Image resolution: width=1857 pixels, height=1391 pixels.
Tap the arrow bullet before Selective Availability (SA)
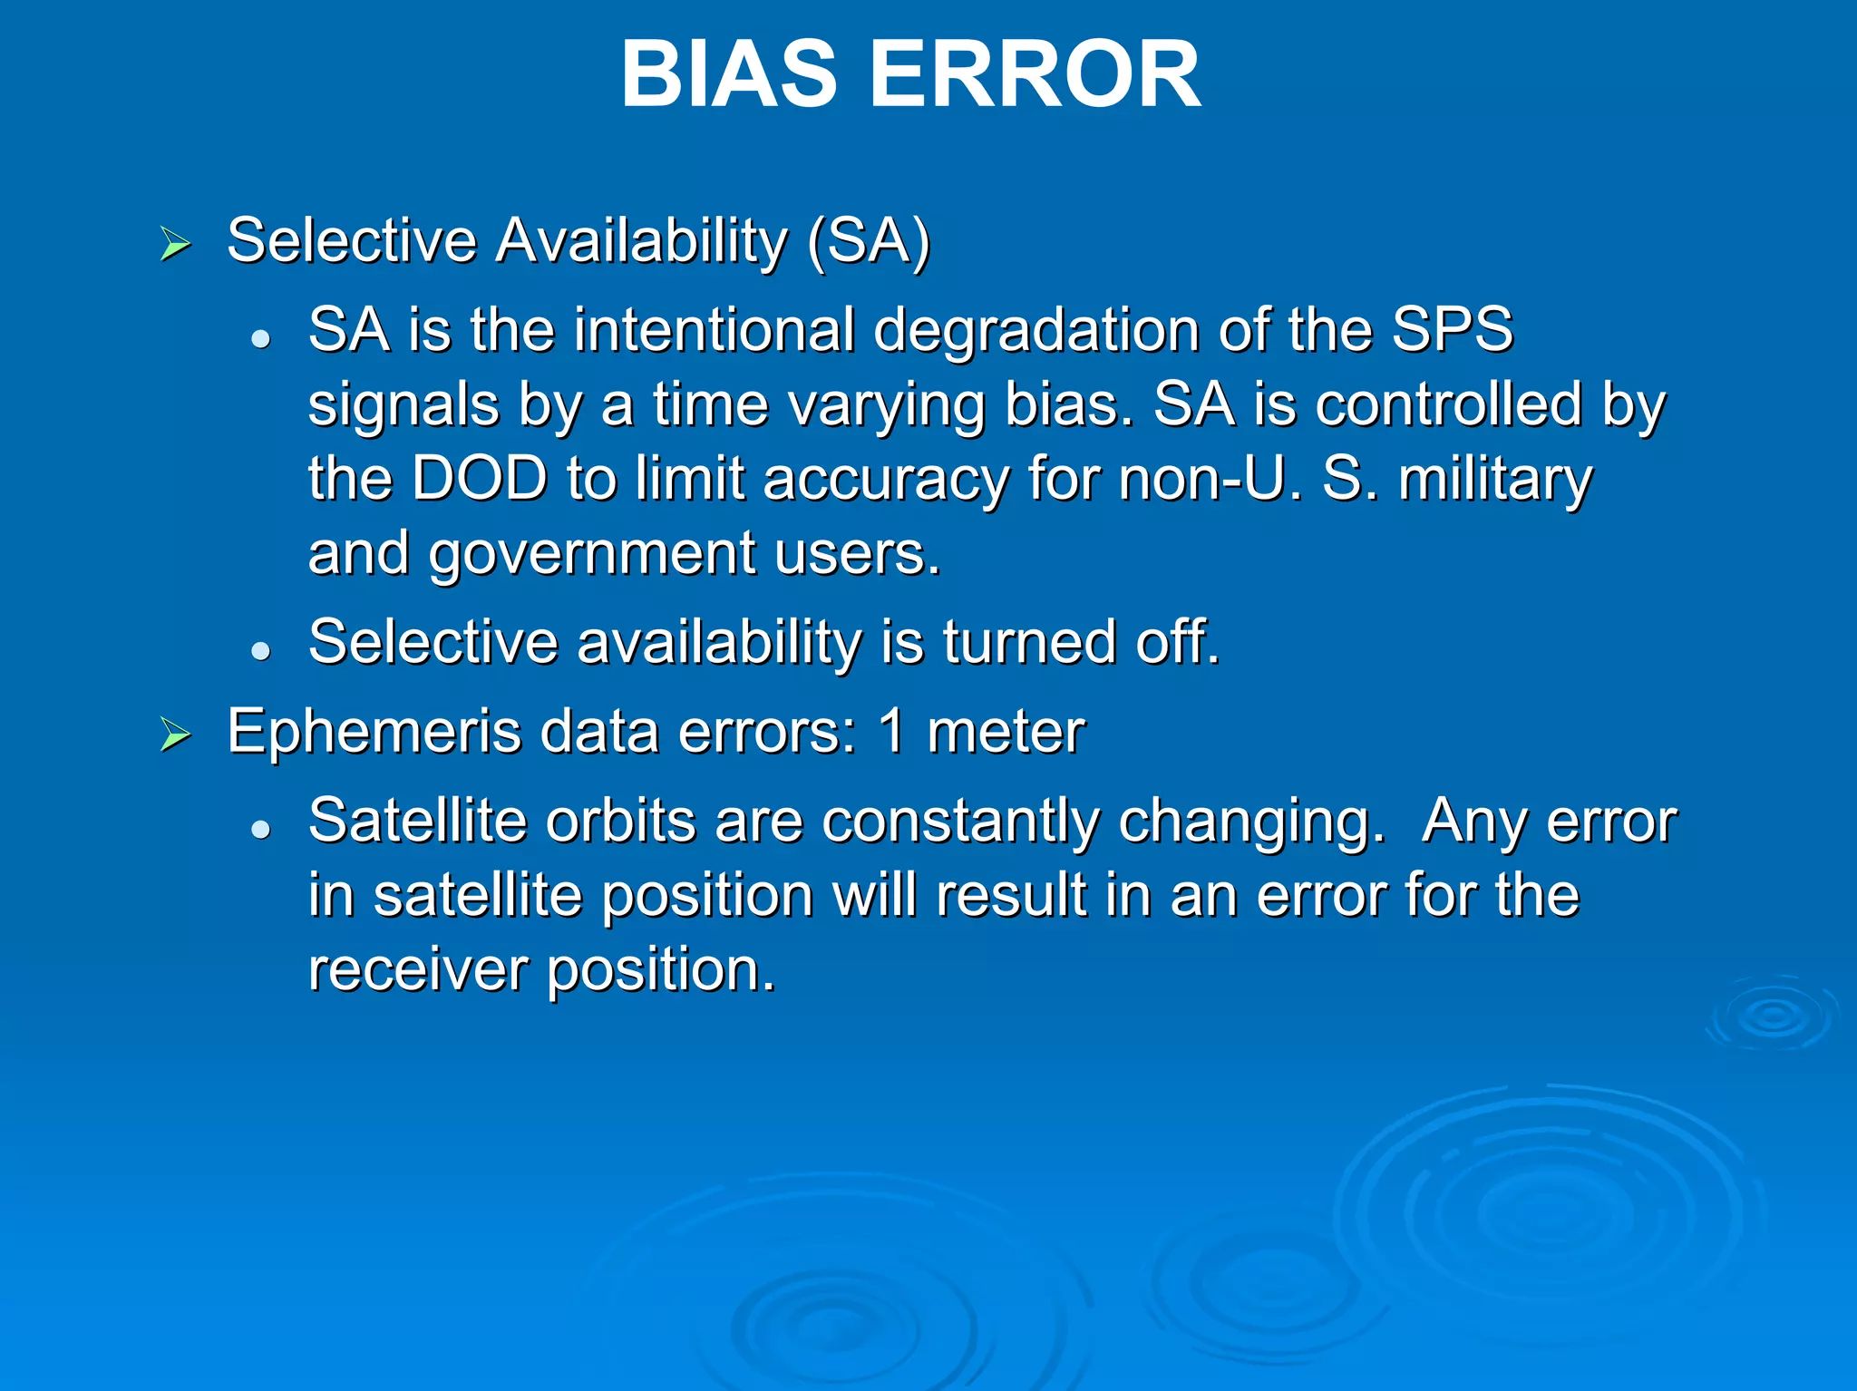[175, 244]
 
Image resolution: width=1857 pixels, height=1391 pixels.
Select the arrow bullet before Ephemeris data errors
[175, 734]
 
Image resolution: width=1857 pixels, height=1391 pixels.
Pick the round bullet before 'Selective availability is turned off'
[261, 651]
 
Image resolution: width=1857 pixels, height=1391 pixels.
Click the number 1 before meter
[892, 732]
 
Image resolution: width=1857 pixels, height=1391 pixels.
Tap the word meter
[1006, 732]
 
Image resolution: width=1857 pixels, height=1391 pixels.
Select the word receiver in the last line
[417, 970]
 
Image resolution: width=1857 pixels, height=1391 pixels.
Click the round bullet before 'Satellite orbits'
[261, 830]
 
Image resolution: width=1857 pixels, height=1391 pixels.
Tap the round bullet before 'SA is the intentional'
[261, 339]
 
